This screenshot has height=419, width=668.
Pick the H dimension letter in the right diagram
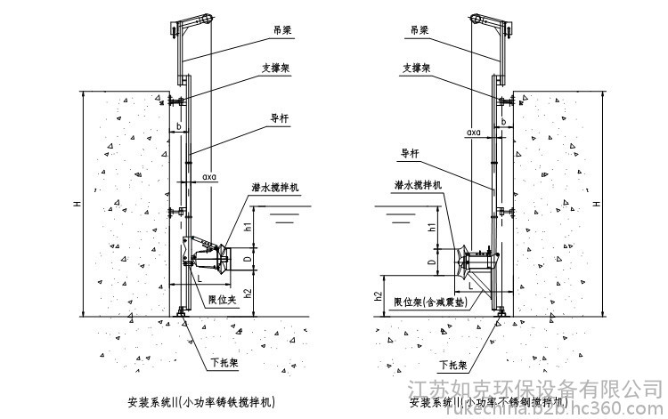(x=597, y=204)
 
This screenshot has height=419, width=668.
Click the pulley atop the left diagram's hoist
(x=208, y=18)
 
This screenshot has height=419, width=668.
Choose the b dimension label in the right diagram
(x=504, y=121)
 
